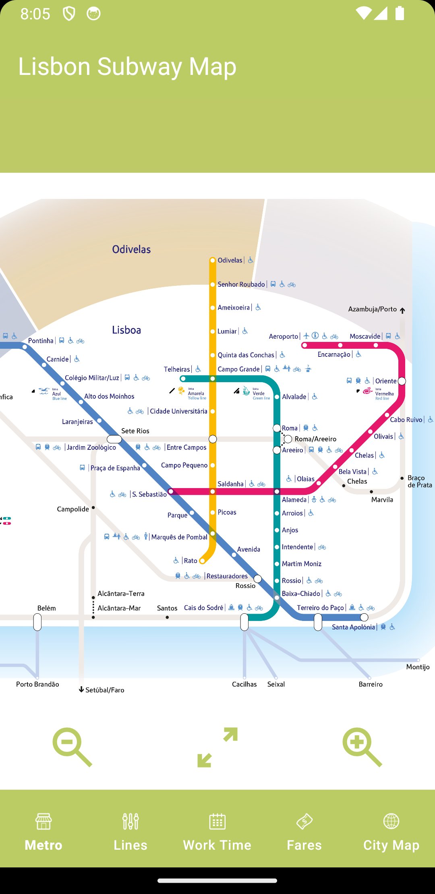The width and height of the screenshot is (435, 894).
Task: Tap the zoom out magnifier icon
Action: [x=72, y=746]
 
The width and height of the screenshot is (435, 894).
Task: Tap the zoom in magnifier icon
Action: [x=362, y=746]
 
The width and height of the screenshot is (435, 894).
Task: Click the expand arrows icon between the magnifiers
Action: [x=217, y=747]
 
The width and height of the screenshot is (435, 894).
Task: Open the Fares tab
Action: [x=304, y=831]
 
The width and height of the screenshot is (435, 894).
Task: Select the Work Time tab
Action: [x=217, y=831]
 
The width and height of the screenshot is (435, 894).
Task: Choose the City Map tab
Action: [x=391, y=831]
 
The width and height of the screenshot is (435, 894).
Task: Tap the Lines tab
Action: [x=130, y=831]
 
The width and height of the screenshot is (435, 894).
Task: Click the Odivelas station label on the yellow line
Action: [x=230, y=261]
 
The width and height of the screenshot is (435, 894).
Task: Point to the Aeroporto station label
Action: [x=283, y=337]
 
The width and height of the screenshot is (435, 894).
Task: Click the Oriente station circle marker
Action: [x=402, y=381]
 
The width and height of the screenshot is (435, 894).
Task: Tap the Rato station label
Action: [x=191, y=561]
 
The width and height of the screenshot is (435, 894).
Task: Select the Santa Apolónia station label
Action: [x=353, y=627]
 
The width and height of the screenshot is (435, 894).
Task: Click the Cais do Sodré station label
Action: [x=203, y=608]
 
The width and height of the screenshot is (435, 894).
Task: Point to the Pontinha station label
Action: [x=41, y=341]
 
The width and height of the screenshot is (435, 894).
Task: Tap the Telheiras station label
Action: [x=176, y=369]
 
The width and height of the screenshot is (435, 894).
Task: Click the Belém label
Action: [x=46, y=608]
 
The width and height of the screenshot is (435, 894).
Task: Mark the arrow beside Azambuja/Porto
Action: [x=402, y=310]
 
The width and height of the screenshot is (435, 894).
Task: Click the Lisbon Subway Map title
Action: [x=127, y=66]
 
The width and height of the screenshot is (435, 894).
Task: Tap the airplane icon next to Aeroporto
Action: [x=306, y=336]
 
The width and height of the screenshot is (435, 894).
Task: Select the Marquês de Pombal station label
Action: [x=179, y=537]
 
